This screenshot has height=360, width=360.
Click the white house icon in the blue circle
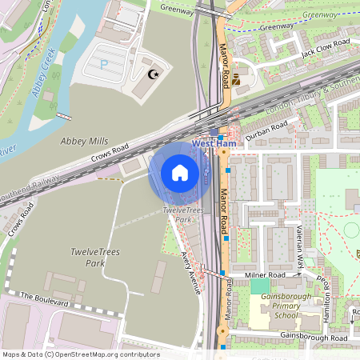tap(180, 173)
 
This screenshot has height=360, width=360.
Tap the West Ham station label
tap(214, 144)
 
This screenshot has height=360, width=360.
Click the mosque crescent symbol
tap(153, 74)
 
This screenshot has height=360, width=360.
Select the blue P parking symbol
tap(102, 64)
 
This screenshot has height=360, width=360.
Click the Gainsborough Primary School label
tap(274, 310)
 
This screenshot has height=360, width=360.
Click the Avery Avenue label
tap(189, 270)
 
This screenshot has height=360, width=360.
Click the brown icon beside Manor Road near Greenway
tap(238, 78)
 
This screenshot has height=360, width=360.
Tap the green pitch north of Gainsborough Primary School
tap(260, 286)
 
